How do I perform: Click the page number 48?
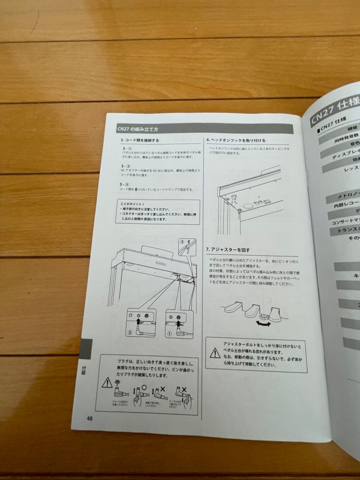(90, 418)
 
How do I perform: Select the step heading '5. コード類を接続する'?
(140, 140)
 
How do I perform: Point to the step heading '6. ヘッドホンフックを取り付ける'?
(236, 140)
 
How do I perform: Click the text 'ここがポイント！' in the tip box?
(126, 204)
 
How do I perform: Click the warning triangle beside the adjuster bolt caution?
(215, 353)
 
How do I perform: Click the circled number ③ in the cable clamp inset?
(181, 241)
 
